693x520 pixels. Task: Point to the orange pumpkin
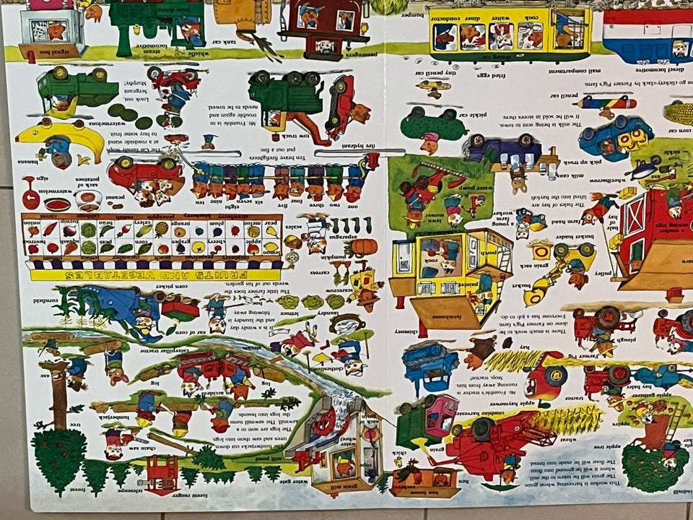coord(364,247)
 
